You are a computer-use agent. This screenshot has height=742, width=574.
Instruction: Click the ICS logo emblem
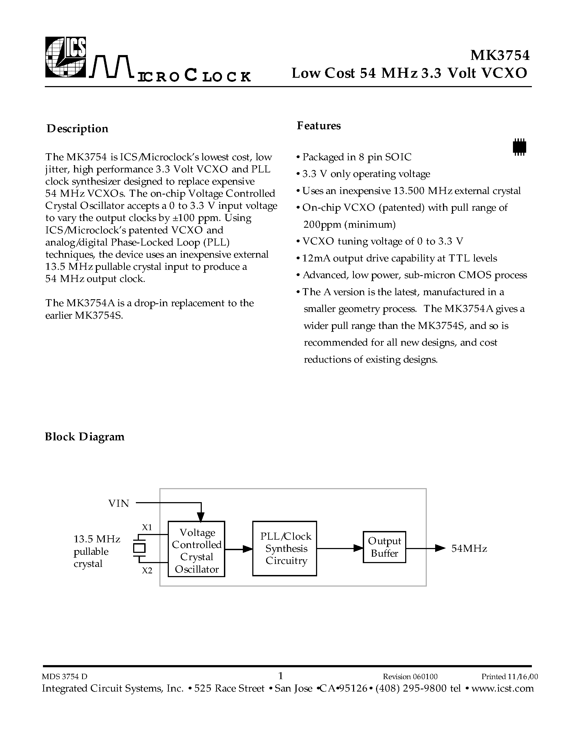coord(66,57)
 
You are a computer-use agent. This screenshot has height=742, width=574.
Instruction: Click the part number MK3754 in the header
coord(499,55)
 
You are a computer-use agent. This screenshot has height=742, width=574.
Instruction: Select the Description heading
coord(78,129)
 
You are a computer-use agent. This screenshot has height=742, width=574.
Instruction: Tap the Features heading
coord(319,126)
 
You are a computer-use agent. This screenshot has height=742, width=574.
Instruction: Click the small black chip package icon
coord(519,147)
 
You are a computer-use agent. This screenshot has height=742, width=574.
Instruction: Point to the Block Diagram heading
coord(85,437)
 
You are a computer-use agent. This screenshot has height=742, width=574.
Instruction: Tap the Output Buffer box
coord(384,547)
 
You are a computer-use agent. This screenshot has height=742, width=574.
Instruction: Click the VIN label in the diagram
coord(119,503)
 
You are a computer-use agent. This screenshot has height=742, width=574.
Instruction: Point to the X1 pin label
coord(147,527)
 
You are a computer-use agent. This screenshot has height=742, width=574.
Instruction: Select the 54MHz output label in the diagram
coord(469,549)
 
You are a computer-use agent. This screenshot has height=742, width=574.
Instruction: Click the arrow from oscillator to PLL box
coord(239,549)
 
